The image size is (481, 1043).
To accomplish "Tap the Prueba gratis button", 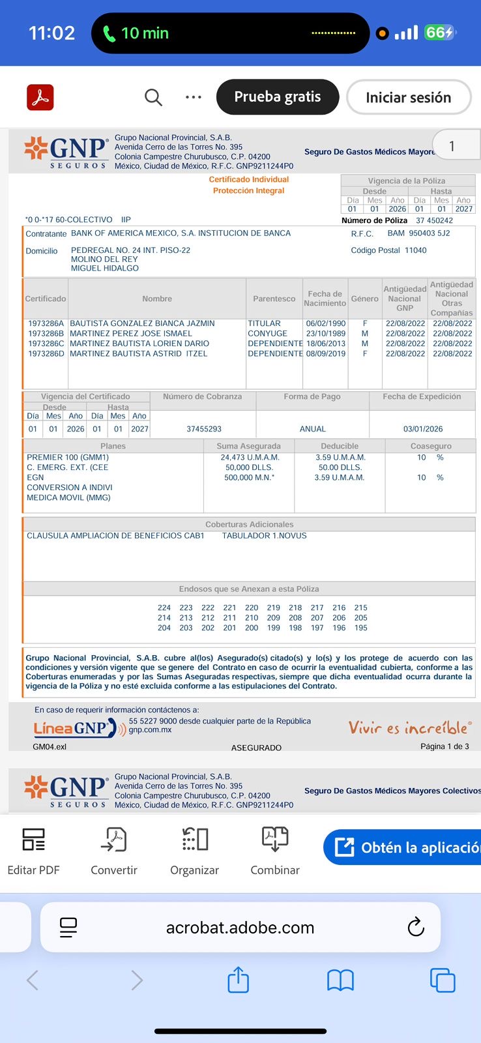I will pyautogui.click(x=277, y=97).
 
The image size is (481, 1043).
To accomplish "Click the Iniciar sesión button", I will pyautogui.click(x=408, y=98).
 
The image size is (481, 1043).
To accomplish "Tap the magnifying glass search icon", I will pyautogui.click(x=153, y=98).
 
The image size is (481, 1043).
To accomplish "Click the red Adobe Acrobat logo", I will pyautogui.click(x=40, y=98).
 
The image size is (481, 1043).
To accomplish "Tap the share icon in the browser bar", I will pyautogui.click(x=239, y=980).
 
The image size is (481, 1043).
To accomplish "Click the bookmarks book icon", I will pyautogui.click(x=340, y=980).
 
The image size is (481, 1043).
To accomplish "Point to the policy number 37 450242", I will pyautogui.click(x=434, y=220).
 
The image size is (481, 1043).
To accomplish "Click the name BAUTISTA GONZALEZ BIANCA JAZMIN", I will pyautogui.click(x=142, y=323).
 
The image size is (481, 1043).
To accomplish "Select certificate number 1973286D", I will pyautogui.click(x=46, y=354).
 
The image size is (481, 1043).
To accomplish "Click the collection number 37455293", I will pyautogui.click(x=204, y=429).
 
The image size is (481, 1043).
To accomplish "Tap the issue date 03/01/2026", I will pyautogui.click(x=422, y=429).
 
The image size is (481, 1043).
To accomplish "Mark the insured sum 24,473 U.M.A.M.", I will pyautogui.click(x=250, y=458).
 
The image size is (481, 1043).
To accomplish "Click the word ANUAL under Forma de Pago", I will pyautogui.click(x=313, y=429).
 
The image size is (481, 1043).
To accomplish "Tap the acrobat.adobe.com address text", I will pyautogui.click(x=240, y=928).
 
